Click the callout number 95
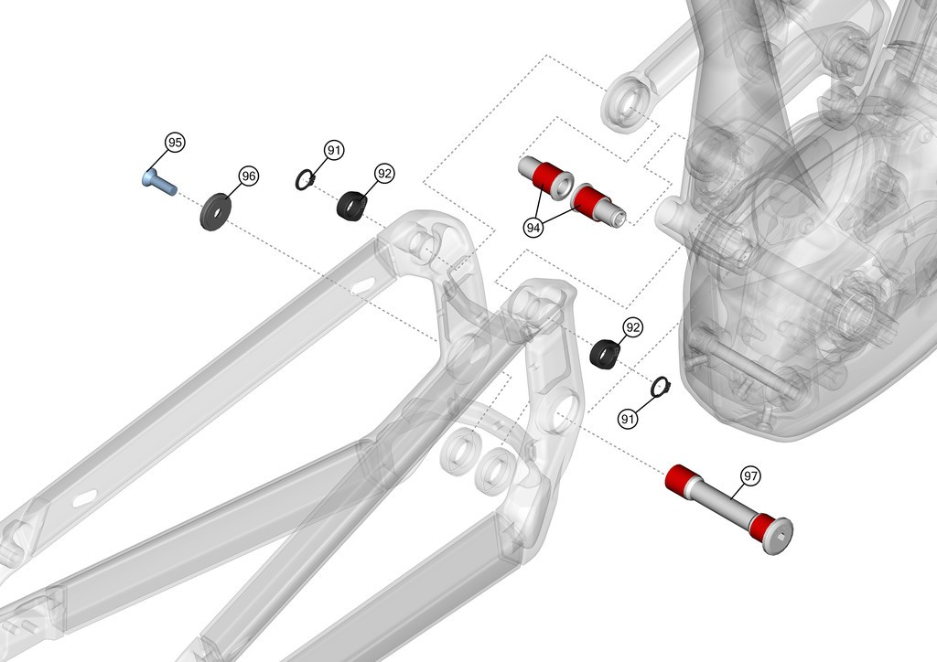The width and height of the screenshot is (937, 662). coord(175,143)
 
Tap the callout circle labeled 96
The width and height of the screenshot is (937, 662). coord(249,176)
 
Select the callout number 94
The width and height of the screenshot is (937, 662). coord(533,228)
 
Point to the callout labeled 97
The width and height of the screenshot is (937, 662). coord(750,475)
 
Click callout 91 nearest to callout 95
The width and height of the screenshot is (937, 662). coord(334,150)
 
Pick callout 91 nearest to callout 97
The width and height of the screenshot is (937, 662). coord(628,419)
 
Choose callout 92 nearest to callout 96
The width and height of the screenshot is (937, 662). coord(384,174)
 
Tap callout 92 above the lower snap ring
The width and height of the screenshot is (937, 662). coord(632,327)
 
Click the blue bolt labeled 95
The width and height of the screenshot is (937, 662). coord(159,182)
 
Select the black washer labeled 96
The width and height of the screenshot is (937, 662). coord(216,210)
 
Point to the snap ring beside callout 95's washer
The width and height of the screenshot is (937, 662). coord(306,180)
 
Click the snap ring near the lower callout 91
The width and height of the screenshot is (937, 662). coord(660,387)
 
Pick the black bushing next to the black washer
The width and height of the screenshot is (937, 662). coord(351,206)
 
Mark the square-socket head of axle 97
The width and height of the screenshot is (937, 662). coord(778,535)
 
